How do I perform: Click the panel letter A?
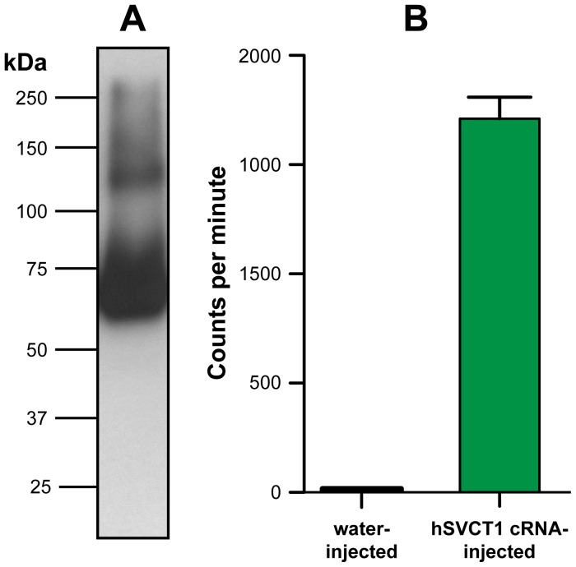(132, 19)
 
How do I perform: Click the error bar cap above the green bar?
(499, 97)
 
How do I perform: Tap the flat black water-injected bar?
(361, 489)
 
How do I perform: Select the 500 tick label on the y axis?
(265, 383)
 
